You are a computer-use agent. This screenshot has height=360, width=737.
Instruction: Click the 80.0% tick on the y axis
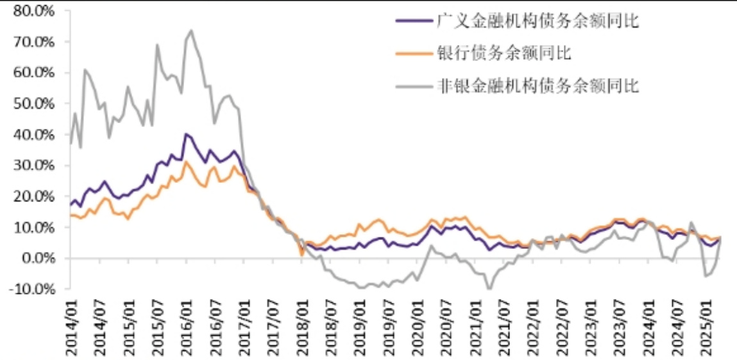tap(36, 11)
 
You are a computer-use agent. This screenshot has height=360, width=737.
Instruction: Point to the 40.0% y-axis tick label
tap(36, 135)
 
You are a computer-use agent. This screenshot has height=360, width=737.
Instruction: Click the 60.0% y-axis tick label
tap(36, 73)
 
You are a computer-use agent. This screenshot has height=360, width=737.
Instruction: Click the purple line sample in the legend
tap(412, 21)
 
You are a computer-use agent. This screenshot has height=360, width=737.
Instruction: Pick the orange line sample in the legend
tap(412, 53)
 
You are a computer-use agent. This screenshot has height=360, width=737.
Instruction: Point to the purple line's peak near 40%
tap(186, 134)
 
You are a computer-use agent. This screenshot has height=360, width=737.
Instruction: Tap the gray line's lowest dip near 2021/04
tap(489, 289)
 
